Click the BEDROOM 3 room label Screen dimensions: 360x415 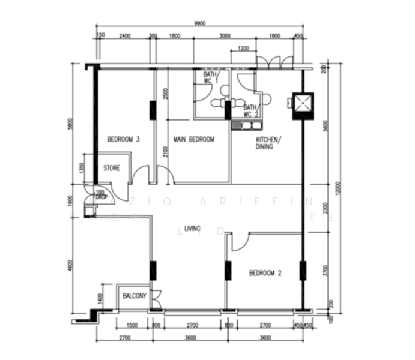(123, 140)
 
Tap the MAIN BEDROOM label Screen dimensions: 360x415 (193, 140)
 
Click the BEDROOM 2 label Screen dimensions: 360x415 (265, 274)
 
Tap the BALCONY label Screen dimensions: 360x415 (134, 296)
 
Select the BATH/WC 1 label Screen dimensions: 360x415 (210, 77)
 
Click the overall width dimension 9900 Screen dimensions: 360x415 (200, 23)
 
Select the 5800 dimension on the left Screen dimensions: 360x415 (70, 125)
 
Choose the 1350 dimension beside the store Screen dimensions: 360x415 (83, 167)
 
